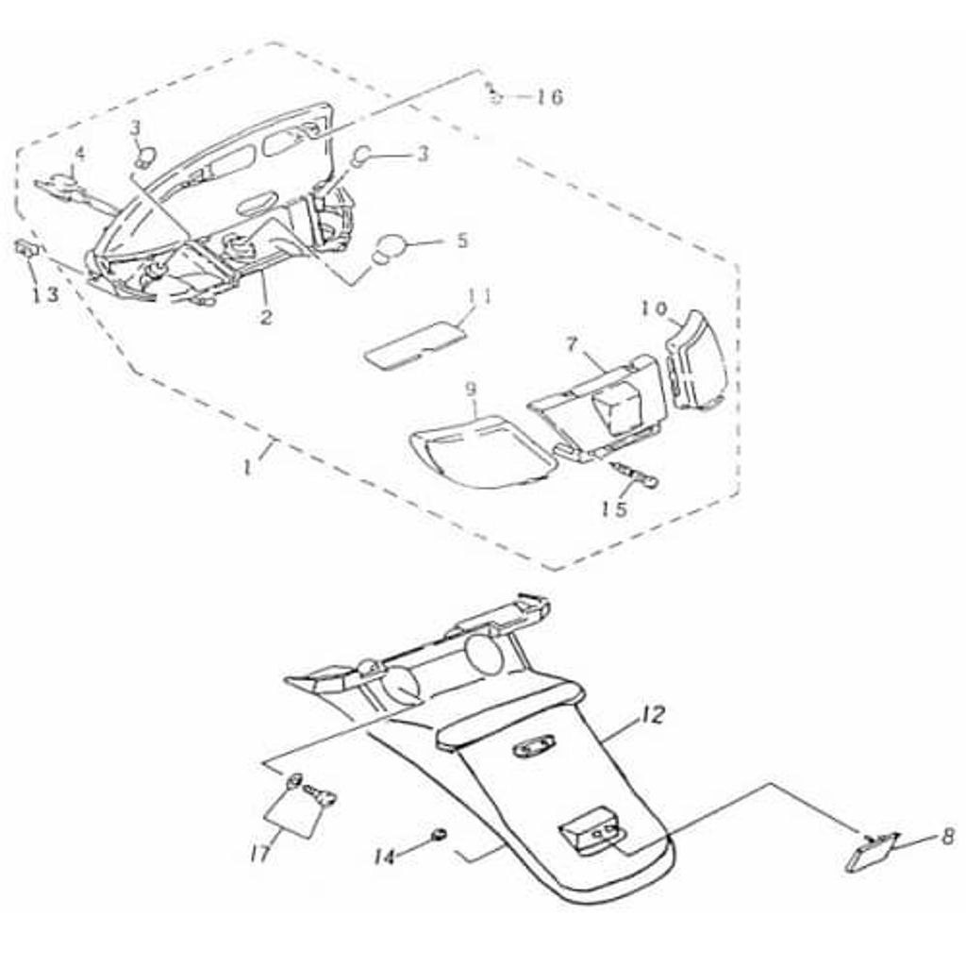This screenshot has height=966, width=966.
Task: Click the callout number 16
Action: [x=548, y=97]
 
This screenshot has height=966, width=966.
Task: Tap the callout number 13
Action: [x=46, y=294]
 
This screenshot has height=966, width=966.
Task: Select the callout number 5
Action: [x=461, y=240]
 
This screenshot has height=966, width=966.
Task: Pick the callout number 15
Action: [x=615, y=508]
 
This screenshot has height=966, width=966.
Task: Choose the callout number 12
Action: [x=653, y=715]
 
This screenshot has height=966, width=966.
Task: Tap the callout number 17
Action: [x=260, y=853]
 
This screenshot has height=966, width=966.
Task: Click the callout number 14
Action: [x=385, y=857]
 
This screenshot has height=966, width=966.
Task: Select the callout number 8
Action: [x=948, y=836]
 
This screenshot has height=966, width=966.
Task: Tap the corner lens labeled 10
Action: [x=696, y=361]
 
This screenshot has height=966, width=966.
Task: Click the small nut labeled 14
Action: [x=440, y=835]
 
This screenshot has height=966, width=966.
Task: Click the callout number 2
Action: [x=265, y=317]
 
